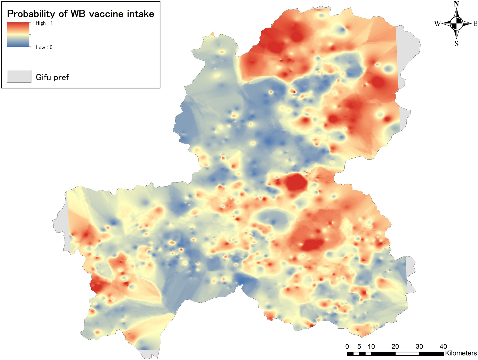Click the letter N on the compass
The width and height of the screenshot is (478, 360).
(456, 4)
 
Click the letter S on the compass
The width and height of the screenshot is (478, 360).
(456, 44)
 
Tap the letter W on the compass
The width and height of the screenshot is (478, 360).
(437, 24)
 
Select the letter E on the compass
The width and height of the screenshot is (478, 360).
(475, 24)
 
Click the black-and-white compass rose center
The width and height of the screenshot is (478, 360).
(456, 24)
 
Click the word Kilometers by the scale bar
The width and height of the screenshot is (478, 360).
(461, 353)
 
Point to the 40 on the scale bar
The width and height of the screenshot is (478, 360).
(443, 346)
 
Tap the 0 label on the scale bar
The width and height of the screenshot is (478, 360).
(347, 346)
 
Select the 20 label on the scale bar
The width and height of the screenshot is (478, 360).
(395, 346)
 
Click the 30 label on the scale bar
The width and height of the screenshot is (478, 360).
(419, 346)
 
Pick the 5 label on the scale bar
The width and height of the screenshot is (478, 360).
(359, 346)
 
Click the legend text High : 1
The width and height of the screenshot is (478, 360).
(44, 23)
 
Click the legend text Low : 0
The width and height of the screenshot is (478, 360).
(44, 48)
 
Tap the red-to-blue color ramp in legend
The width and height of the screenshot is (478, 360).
(18, 35)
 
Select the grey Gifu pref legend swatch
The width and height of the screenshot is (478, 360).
(19, 76)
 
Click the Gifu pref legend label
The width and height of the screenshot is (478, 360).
(52, 77)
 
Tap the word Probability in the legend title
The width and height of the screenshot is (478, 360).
(31, 14)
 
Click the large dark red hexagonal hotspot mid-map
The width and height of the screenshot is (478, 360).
(296, 183)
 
